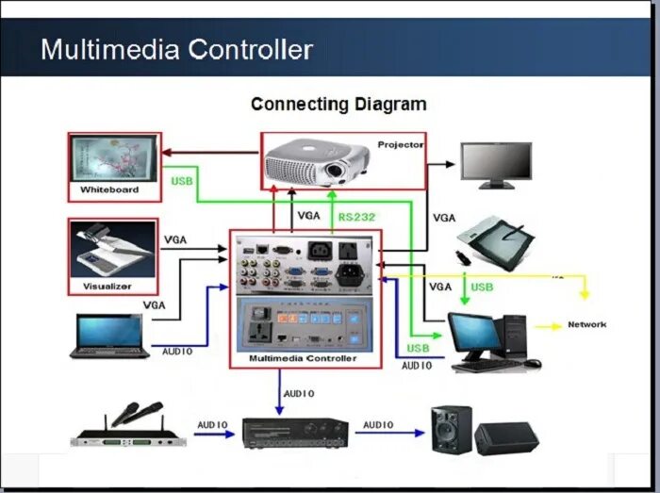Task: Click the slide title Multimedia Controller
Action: click(176, 48)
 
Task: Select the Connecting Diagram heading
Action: click(338, 104)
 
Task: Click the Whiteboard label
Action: click(108, 189)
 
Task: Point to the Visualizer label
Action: click(107, 285)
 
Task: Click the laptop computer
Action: click(109, 337)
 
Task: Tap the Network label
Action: click(586, 325)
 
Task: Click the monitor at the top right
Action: click(496, 165)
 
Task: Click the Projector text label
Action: click(400, 144)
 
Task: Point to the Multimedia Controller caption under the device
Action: click(302, 359)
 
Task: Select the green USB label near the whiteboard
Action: click(182, 181)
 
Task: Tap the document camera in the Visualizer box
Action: click(111, 249)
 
